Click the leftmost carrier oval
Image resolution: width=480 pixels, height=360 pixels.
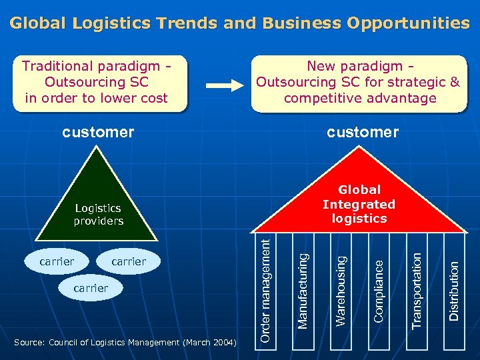[x=57, y=261]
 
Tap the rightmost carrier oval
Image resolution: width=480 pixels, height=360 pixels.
[x=128, y=261]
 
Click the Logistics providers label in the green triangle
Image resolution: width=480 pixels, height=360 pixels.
[x=99, y=215]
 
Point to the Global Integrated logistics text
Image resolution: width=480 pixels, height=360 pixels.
[x=359, y=204]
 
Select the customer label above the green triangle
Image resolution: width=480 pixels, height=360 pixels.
[x=98, y=132]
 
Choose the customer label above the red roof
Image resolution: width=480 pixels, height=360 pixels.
[x=362, y=132]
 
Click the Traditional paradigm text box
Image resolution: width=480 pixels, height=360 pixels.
[x=97, y=83]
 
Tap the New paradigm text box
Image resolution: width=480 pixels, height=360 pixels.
[x=359, y=83]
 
